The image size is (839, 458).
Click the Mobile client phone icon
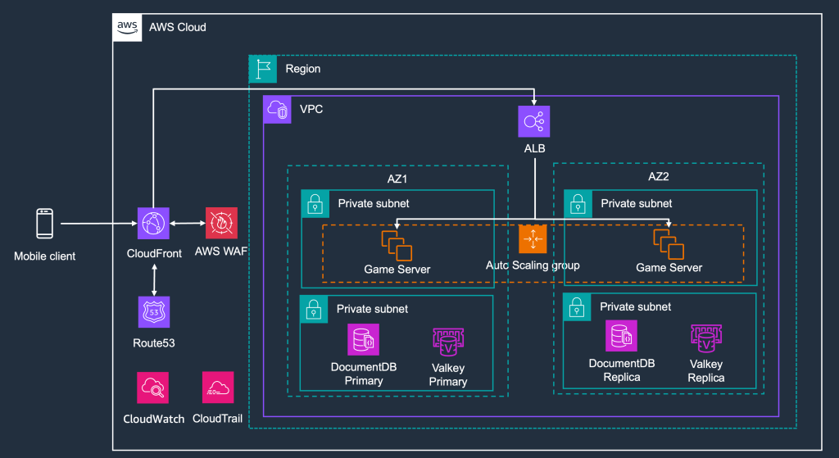pos(45,224)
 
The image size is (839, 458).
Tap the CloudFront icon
pos(154,223)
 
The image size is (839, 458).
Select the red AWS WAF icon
pos(220,223)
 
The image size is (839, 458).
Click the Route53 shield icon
pos(154,312)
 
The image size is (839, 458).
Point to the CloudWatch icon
pos(153,388)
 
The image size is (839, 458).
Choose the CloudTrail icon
pos(218,388)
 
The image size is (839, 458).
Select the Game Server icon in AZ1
pos(397,245)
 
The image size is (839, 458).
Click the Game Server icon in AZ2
pos(669,245)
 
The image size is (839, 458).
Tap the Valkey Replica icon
pos(705,339)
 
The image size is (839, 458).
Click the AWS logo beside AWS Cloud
pos(127,27)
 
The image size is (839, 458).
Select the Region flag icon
pos(263,69)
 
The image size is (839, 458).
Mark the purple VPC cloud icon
pos(277,109)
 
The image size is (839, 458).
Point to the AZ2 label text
pos(659,175)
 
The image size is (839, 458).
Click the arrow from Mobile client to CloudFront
pos(98,223)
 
